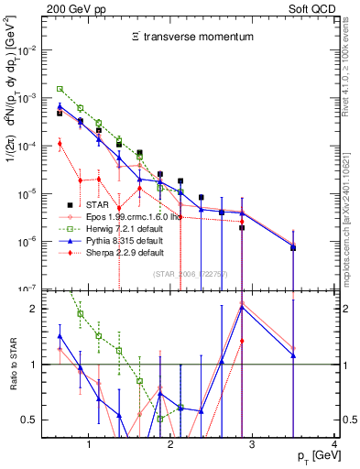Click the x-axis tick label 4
[333, 444]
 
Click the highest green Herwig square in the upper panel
[60, 89]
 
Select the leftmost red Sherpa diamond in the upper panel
[60, 144]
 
